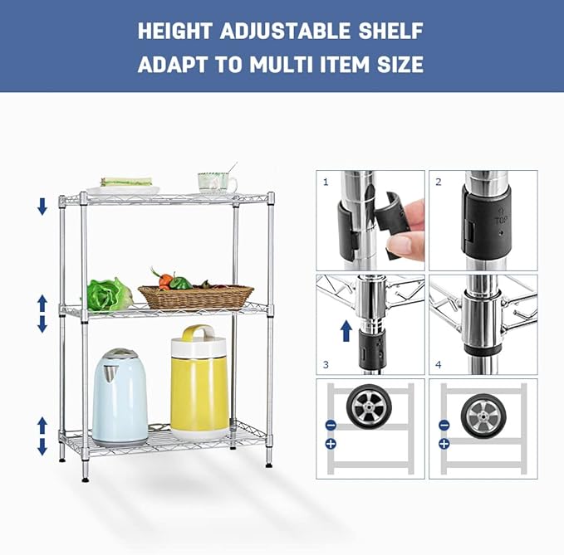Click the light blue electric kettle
119,397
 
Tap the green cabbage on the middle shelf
108,295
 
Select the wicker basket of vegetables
195,295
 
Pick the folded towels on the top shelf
126,182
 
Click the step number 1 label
326,181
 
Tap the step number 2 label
438,181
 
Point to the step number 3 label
326,364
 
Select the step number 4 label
438,364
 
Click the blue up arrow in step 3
346,333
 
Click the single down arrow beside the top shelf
42,207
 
